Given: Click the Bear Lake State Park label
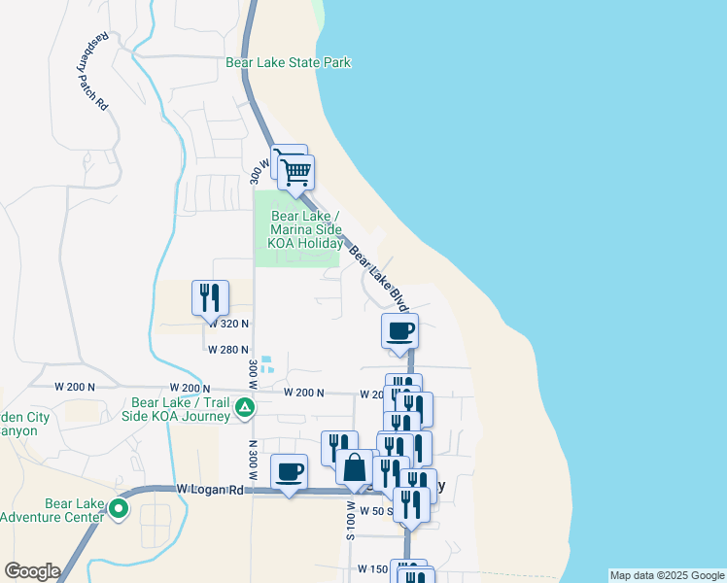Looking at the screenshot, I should [288, 63].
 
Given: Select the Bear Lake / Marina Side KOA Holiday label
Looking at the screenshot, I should [305, 229].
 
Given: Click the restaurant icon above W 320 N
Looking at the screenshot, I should [210, 298].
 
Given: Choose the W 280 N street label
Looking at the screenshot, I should [228, 350].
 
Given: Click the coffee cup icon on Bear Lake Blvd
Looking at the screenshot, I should [400, 330].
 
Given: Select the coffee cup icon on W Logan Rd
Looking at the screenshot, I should [289, 471].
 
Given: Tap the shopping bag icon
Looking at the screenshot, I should [356, 467].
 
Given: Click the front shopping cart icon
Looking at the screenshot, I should [296, 173].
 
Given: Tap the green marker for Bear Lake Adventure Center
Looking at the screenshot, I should [120, 507].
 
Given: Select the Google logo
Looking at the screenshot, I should [32, 571].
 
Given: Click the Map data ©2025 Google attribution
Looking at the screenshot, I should [666, 575].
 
